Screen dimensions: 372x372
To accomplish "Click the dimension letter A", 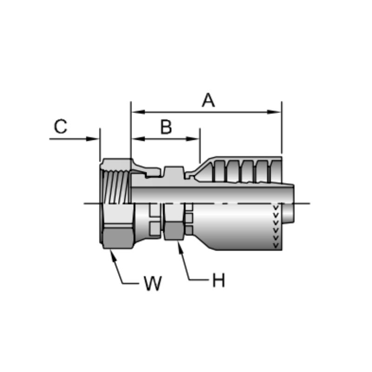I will (208, 100).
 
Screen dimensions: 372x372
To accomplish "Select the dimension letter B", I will (166, 127).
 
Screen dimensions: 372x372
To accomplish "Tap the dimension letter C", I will (60, 126).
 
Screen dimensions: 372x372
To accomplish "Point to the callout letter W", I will (153, 283).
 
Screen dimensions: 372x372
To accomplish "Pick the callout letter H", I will (219, 280).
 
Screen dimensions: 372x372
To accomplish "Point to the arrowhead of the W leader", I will (111, 252).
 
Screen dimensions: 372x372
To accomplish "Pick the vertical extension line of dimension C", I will (100, 144).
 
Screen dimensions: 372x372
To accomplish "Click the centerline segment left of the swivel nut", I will (92, 203).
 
